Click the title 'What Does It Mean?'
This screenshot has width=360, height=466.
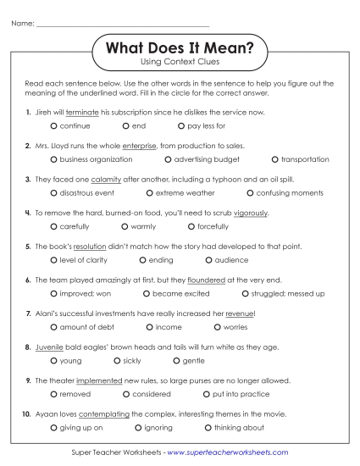179,49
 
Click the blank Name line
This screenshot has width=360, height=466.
123,24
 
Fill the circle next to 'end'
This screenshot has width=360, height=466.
126,125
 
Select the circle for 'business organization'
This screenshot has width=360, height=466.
54,159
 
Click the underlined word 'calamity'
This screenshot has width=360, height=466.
92,180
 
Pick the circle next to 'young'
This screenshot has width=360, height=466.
54,361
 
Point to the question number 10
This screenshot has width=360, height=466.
27,414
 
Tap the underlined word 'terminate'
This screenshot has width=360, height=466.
81,112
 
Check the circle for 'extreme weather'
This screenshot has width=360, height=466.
149,193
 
